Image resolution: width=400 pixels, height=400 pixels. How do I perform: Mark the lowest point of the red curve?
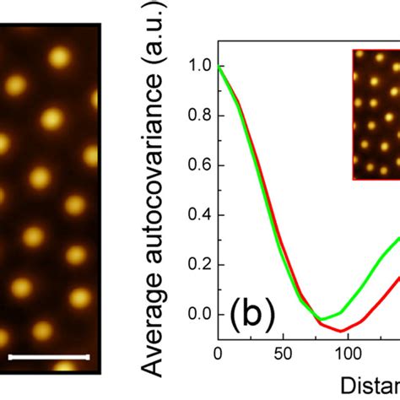click(x=338, y=330)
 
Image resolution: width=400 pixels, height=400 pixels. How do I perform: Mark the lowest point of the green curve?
click(x=321, y=320)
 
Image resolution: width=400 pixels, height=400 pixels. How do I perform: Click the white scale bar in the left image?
click(x=48, y=356)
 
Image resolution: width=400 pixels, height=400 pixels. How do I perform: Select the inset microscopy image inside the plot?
click(x=376, y=125)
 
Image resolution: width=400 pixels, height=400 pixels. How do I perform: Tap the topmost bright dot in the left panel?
click(x=59, y=57)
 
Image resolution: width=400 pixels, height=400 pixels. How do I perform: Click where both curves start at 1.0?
click(x=219, y=66)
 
